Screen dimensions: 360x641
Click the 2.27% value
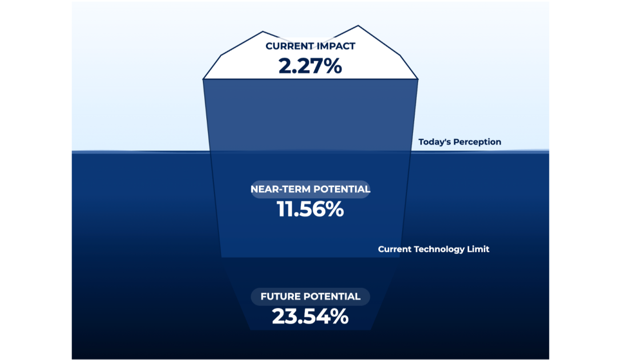310,66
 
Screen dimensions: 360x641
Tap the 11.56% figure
310,210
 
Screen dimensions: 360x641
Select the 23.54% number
310,316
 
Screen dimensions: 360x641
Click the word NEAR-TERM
280,189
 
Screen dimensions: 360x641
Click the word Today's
434,142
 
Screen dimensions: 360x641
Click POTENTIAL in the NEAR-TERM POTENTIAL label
342,189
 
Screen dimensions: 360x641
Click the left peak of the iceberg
262,32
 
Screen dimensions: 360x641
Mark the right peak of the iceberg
358,26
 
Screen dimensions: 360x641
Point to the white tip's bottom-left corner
203,79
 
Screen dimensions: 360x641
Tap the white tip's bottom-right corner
418,79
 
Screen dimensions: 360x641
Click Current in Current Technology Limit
395,249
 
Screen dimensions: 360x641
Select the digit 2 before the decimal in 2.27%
285,66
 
